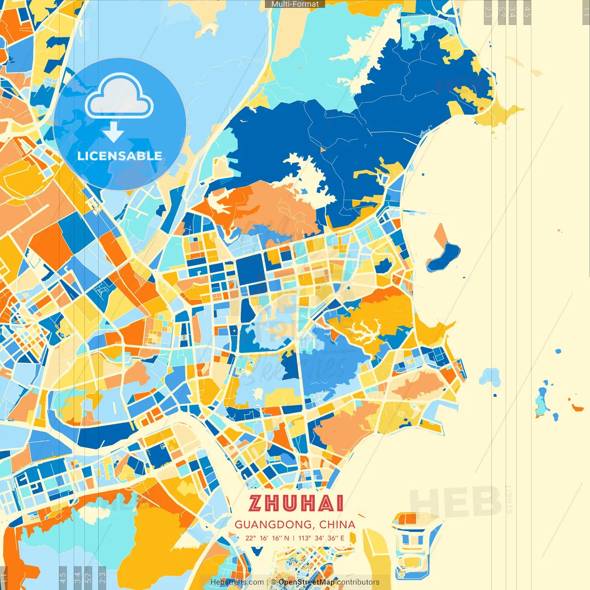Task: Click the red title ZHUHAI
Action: coord(296,504)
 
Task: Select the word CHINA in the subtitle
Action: coord(337,525)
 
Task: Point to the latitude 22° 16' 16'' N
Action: coord(267,538)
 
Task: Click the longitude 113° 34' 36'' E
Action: coord(321,538)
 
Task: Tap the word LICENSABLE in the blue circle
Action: coord(120,156)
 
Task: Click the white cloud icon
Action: coord(119,97)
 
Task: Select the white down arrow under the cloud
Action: coord(113,133)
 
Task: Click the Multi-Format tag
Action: coord(295,4)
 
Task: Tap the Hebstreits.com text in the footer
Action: coord(237,582)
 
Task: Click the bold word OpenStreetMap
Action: coord(307,582)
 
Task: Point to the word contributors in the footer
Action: coord(358,582)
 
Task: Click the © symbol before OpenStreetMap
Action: coord(273,582)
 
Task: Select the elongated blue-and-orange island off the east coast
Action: coord(443,250)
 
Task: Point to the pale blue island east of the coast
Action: coord(491,376)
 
